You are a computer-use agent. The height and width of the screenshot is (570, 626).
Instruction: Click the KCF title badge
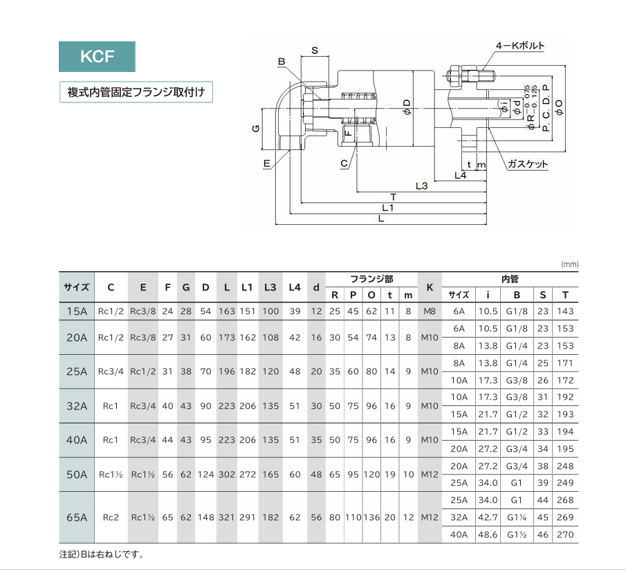pos(97,57)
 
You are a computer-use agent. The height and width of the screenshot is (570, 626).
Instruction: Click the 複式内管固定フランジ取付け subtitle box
pos(136,91)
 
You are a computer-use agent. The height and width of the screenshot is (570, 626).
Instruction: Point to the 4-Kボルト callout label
pos(519,46)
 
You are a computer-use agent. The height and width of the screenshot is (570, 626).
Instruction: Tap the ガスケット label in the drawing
pos(527,165)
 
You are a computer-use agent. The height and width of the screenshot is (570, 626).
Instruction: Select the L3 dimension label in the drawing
pos(421,185)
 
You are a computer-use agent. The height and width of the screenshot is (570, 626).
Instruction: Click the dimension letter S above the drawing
pos(314,50)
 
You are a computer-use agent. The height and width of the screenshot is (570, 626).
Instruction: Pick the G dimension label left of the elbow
pos(255,129)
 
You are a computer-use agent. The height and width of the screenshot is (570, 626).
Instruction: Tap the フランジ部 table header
pos(371,279)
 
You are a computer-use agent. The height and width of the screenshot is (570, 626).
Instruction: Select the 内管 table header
pos(510,279)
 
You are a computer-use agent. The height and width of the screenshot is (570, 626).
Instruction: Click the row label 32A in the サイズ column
pos(76,406)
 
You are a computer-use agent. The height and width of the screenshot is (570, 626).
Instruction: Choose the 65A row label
pos(76,517)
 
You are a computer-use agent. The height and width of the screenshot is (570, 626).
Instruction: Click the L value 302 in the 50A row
pos(227,475)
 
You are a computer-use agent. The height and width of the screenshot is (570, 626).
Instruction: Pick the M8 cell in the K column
pos(430,311)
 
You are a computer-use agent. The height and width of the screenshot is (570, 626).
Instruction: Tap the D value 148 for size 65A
pos(206,517)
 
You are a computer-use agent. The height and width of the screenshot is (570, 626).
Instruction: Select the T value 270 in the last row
pos(565,534)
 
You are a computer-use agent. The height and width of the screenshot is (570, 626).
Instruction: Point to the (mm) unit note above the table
pos(569,264)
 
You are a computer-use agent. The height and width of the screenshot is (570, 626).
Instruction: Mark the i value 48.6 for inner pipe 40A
pos(488,534)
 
